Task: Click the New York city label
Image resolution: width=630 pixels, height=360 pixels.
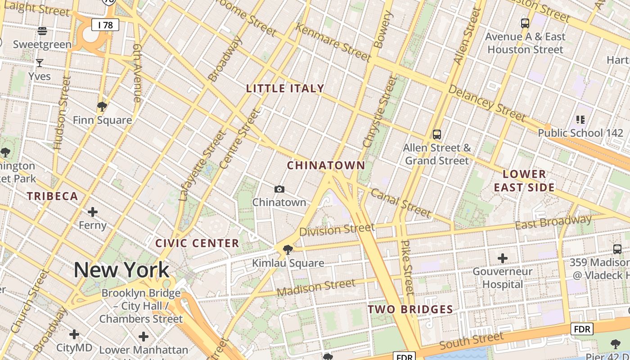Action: [121, 270]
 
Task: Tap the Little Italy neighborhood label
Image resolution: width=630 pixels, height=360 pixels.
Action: [285, 88]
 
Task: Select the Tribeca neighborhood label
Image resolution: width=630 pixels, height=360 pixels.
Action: [52, 196]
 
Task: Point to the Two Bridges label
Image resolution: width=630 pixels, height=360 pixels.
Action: [410, 309]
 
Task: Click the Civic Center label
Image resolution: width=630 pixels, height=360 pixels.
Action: [197, 243]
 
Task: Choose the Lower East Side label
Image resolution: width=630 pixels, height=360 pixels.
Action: [524, 180]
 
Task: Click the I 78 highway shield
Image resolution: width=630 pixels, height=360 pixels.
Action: [105, 25]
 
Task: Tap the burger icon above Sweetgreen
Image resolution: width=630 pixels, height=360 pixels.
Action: [42, 31]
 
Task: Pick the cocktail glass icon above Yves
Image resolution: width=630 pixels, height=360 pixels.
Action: [40, 63]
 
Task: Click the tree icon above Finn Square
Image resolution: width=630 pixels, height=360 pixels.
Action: [102, 107]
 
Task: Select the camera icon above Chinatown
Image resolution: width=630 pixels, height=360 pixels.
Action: [279, 189]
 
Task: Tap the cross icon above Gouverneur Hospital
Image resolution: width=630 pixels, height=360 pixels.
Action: [503, 258]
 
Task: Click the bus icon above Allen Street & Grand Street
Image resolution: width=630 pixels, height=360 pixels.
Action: [437, 134]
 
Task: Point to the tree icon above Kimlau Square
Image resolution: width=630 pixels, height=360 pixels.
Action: [288, 249]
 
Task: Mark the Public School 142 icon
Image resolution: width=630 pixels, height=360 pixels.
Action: [580, 120]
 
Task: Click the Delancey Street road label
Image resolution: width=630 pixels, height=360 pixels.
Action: [487, 104]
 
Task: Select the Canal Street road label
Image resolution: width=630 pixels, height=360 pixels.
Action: [400, 202]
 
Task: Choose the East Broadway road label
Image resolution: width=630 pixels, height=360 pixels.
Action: [553, 222]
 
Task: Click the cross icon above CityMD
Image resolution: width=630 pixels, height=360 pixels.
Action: [74, 334]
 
